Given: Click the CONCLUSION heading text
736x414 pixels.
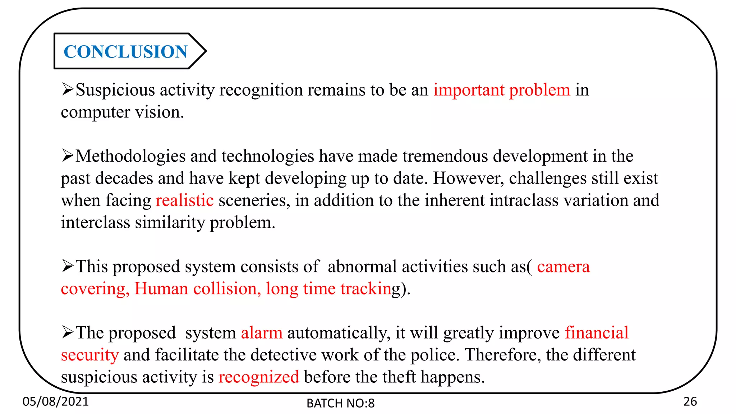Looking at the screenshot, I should [x=125, y=52].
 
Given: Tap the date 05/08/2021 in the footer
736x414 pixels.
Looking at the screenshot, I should [x=55, y=401].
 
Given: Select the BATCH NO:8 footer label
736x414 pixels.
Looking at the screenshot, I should [x=340, y=403].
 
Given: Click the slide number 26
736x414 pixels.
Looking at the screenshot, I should [x=690, y=401].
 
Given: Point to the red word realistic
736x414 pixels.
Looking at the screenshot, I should [x=184, y=201].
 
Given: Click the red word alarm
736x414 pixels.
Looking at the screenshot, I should [x=261, y=333].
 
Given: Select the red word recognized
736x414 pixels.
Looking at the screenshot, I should [x=258, y=377].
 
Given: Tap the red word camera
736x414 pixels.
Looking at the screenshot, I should [x=563, y=267].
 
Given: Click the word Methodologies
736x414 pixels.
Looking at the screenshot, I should [x=130, y=156].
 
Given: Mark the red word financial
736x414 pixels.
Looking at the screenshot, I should [x=597, y=333].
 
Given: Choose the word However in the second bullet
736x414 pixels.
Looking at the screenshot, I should [x=468, y=178].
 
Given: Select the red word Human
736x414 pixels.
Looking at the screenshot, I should [x=161, y=289].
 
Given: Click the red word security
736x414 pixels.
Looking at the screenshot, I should [x=89, y=355].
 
